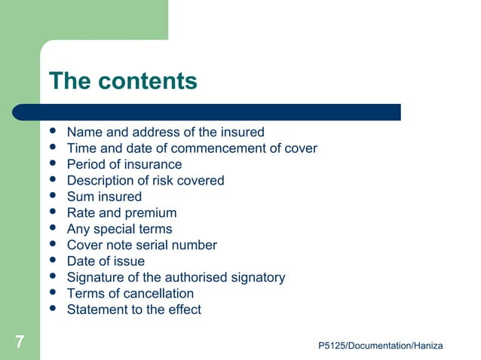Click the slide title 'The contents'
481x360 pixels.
[x=122, y=81]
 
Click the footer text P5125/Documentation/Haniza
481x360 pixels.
[x=381, y=345]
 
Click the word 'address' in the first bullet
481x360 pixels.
[x=152, y=133]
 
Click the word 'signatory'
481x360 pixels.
[x=258, y=277]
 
